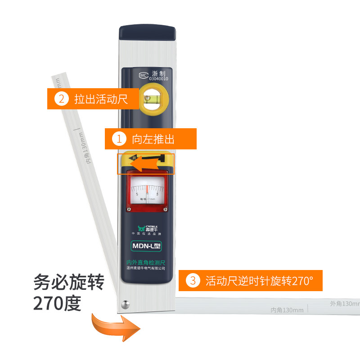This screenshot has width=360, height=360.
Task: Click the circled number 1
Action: [120, 139]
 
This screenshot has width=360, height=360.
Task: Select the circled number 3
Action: [193, 281]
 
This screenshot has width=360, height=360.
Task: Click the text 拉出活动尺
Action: [101, 99]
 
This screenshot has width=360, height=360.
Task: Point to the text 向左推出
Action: [153, 139]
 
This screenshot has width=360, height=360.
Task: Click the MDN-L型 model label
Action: [146, 246]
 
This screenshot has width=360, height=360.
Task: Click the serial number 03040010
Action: [158, 79]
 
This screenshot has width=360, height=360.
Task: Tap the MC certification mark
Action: [143, 76]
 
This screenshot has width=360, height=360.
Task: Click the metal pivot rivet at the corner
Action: [124, 305]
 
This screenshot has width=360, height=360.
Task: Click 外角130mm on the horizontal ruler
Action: [345, 304]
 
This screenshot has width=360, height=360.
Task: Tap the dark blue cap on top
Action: [146, 33]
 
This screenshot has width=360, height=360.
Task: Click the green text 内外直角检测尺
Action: [146, 261]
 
